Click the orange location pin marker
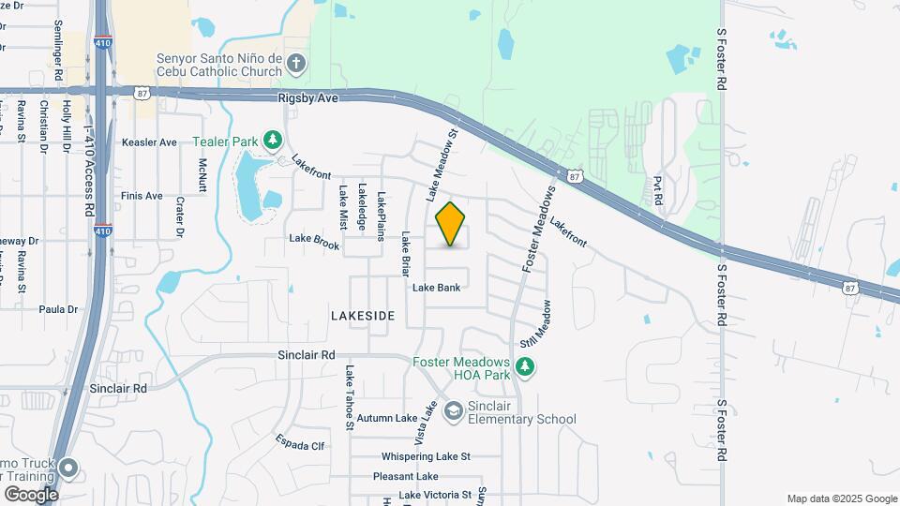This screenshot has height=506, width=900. [x=451, y=224]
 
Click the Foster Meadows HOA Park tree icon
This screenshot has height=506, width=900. [x=526, y=367]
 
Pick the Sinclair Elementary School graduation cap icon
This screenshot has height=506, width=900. [x=454, y=411]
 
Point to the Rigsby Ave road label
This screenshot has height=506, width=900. [x=307, y=97]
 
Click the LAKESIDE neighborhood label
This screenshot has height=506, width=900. [x=363, y=317]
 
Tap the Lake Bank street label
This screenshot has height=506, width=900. [x=436, y=288]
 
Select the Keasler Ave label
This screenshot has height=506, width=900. [x=149, y=142]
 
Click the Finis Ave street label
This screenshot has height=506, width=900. [x=142, y=196]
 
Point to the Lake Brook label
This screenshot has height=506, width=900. [x=314, y=241]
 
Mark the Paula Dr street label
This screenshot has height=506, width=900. [x=58, y=308]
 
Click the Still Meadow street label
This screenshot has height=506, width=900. [x=535, y=328]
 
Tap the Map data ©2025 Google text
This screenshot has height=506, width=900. [x=842, y=499]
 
